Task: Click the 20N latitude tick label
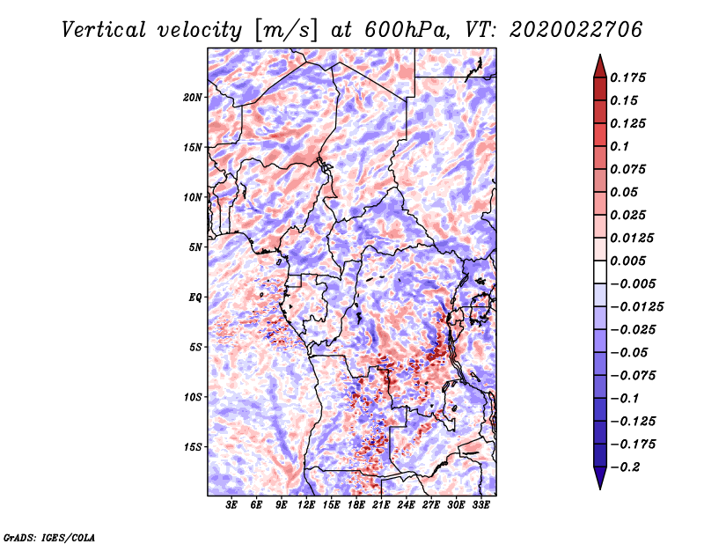point(193,98)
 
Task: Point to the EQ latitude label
point(194,298)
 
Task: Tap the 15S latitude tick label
point(193,447)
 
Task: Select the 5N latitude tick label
point(195,247)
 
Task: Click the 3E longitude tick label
point(231,504)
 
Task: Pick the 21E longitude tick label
point(381,504)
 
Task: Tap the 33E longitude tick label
point(480,504)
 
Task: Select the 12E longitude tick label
point(306,504)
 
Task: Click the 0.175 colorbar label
point(627,77)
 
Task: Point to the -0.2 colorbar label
point(626,467)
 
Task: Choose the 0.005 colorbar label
point(627,261)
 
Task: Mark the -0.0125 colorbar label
point(636,307)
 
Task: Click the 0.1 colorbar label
point(620,146)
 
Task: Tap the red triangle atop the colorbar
point(600,67)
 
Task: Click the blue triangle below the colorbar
point(600,478)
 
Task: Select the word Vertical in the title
point(104,30)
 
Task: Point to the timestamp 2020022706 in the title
point(576,30)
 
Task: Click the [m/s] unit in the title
point(286,31)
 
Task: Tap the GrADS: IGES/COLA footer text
point(49,538)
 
